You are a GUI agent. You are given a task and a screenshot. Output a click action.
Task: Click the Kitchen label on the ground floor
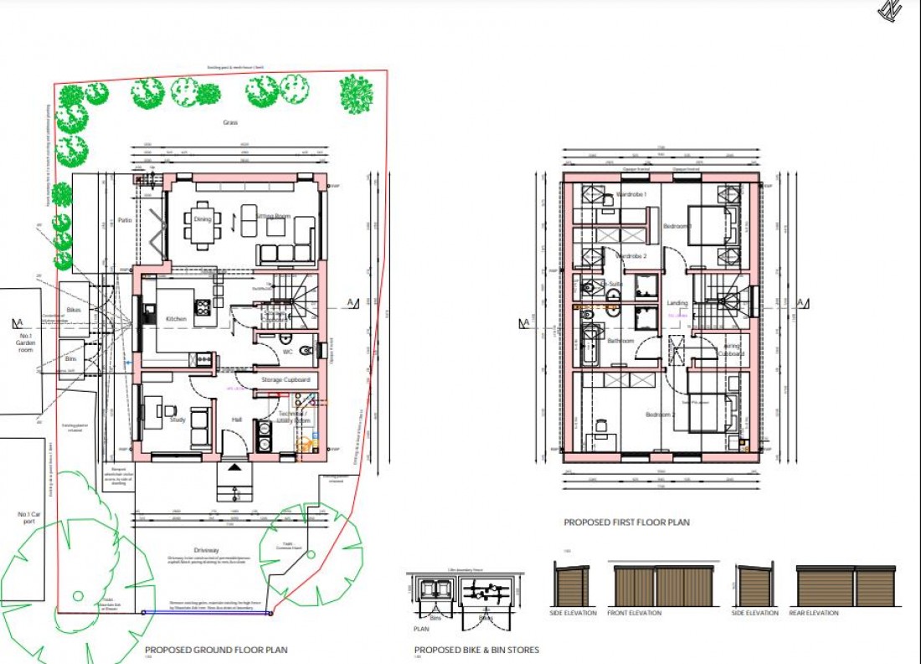(x=176, y=319)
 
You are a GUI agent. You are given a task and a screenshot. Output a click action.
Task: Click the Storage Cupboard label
(x=285, y=380)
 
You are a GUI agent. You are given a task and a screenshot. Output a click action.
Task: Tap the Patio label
(x=125, y=220)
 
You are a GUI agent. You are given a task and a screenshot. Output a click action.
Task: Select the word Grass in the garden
(x=230, y=122)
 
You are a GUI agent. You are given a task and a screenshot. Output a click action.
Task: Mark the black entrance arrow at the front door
(x=234, y=466)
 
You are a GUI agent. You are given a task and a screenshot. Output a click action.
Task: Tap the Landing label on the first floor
(x=677, y=303)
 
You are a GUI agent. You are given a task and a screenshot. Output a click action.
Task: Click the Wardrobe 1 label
(x=632, y=194)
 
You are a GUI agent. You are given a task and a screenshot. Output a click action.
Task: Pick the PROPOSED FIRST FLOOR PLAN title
(x=626, y=522)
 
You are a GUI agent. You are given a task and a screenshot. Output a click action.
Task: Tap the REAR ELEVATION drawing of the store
(x=848, y=587)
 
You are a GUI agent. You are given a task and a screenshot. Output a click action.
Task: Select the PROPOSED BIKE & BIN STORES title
(x=476, y=650)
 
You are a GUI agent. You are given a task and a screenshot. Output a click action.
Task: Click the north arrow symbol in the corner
(x=890, y=10)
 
